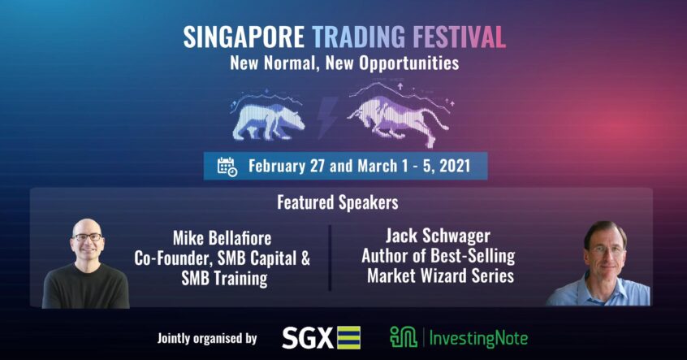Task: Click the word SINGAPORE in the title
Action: click(x=244, y=37)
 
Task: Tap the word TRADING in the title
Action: click(x=359, y=37)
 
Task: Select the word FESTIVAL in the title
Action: click(x=460, y=37)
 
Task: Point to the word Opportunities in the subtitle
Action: click(x=409, y=63)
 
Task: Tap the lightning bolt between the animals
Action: click(x=326, y=117)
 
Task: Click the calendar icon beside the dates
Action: click(x=227, y=167)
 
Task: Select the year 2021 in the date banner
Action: click(x=455, y=167)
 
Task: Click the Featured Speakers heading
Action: click(x=338, y=202)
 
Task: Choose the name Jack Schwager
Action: click(x=438, y=236)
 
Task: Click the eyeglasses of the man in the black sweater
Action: click(x=87, y=236)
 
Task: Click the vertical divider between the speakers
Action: click(x=330, y=258)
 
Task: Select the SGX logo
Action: click(x=321, y=338)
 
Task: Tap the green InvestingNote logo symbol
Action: click(x=403, y=337)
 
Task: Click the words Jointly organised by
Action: click(x=207, y=339)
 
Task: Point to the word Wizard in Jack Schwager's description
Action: click(x=442, y=275)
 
